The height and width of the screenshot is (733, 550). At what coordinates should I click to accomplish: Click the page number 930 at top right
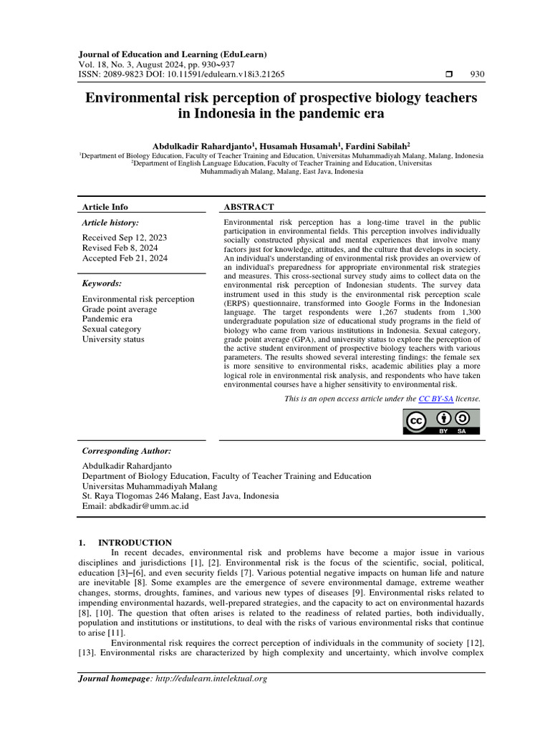click(477, 74)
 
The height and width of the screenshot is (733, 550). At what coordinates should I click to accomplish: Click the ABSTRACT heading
click(249, 207)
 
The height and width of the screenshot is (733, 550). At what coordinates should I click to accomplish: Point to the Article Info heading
click(105, 207)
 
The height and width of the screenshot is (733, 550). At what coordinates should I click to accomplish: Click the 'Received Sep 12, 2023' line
click(125, 237)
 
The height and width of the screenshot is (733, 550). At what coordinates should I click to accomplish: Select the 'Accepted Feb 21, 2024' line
click(125, 258)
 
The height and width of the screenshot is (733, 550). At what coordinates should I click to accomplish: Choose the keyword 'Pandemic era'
click(107, 319)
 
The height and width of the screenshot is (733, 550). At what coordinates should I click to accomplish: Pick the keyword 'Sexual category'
click(112, 329)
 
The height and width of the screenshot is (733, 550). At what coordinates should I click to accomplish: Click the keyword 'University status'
click(113, 339)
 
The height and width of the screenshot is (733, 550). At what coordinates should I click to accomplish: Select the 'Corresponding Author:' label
click(127, 451)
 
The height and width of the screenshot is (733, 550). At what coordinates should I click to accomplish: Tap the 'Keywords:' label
click(102, 283)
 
